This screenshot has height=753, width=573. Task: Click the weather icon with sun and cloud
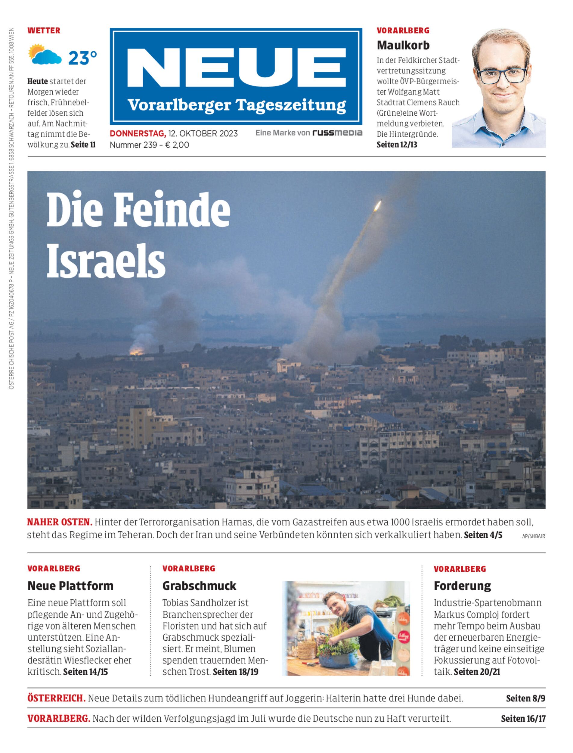coord(45,55)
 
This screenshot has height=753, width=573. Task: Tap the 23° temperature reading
coord(82,58)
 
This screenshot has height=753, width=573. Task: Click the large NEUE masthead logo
coord(236,68)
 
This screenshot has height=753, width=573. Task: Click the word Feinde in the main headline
coord(172,211)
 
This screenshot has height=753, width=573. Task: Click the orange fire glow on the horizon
coord(136,351)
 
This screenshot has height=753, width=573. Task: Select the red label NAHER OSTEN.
coord(59,522)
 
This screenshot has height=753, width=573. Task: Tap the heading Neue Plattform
coord(70,586)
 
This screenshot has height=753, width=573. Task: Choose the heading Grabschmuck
coord(199,586)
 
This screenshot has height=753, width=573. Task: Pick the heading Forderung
coord(462,586)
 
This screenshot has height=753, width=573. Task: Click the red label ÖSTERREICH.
coord(56,698)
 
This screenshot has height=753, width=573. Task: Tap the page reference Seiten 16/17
coord(523,719)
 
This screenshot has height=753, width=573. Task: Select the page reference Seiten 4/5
coord(483,535)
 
